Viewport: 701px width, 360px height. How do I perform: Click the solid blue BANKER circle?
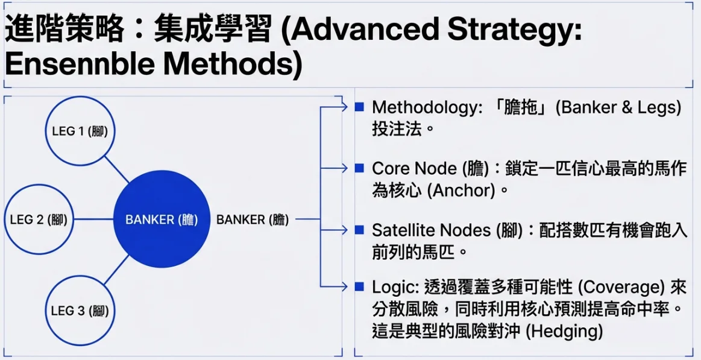click(162, 219)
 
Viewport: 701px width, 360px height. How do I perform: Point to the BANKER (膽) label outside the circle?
click(252, 219)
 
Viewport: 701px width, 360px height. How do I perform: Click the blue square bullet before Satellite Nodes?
click(359, 230)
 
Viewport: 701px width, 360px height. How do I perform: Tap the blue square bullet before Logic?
click(359, 286)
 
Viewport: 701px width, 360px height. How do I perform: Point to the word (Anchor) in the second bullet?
click(461, 191)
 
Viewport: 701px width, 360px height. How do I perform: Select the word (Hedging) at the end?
click(564, 331)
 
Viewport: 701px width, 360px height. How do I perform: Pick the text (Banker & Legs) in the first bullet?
click(618, 108)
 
